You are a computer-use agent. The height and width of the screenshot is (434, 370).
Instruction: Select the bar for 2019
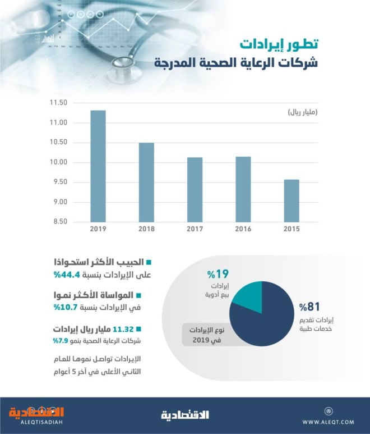tap(98, 166)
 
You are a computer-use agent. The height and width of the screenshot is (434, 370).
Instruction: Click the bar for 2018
tap(146, 182)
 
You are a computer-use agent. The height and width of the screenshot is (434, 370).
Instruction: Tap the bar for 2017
tap(195, 190)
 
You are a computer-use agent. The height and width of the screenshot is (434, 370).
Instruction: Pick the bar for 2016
tap(243, 189)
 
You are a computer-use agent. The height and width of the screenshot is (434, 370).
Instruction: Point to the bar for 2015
tap(292, 200)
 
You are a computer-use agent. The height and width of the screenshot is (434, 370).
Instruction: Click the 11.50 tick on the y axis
tap(58, 103)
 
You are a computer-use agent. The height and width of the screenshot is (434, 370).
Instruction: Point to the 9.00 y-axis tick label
tap(58, 202)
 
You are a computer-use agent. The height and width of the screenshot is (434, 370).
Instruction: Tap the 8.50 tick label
tap(58, 221)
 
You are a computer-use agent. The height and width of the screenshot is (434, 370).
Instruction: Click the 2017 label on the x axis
tap(195, 229)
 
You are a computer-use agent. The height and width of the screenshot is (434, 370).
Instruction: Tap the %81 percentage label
tap(309, 307)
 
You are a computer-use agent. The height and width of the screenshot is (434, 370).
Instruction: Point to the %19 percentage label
tap(218, 274)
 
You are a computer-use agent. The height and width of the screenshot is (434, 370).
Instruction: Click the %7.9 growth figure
tap(61, 340)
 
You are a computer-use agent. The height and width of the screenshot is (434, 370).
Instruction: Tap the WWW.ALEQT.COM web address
tap(329, 422)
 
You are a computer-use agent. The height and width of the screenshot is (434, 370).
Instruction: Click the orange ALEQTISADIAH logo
tap(36, 415)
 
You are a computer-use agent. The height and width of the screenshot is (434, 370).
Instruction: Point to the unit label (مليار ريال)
tap(303, 113)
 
